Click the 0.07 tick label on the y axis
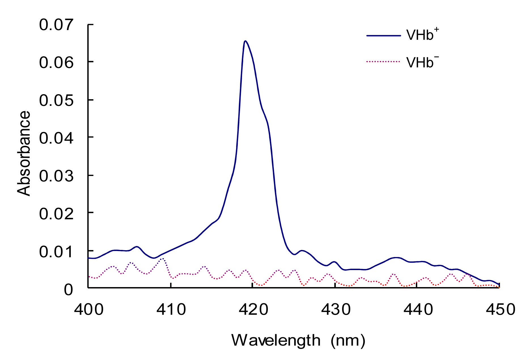[x=56, y=25]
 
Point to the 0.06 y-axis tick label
[x=56, y=62]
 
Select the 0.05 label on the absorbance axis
[x=56, y=100]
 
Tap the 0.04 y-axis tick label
[x=56, y=138]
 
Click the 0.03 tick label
[x=56, y=176]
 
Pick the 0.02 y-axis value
[x=56, y=214]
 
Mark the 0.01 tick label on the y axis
[x=56, y=252]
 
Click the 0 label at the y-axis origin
[x=68, y=290]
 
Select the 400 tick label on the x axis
[x=89, y=309]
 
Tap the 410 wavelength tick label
[x=171, y=309]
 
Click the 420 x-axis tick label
[x=253, y=309]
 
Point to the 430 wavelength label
[x=336, y=309]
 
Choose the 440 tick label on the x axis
[x=418, y=309]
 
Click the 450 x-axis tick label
[x=500, y=309]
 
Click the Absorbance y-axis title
[x=24, y=153]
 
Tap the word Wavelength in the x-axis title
[x=276, y=340]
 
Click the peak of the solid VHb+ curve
[x=245, y=41]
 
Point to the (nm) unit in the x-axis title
[x=348, y=340]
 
